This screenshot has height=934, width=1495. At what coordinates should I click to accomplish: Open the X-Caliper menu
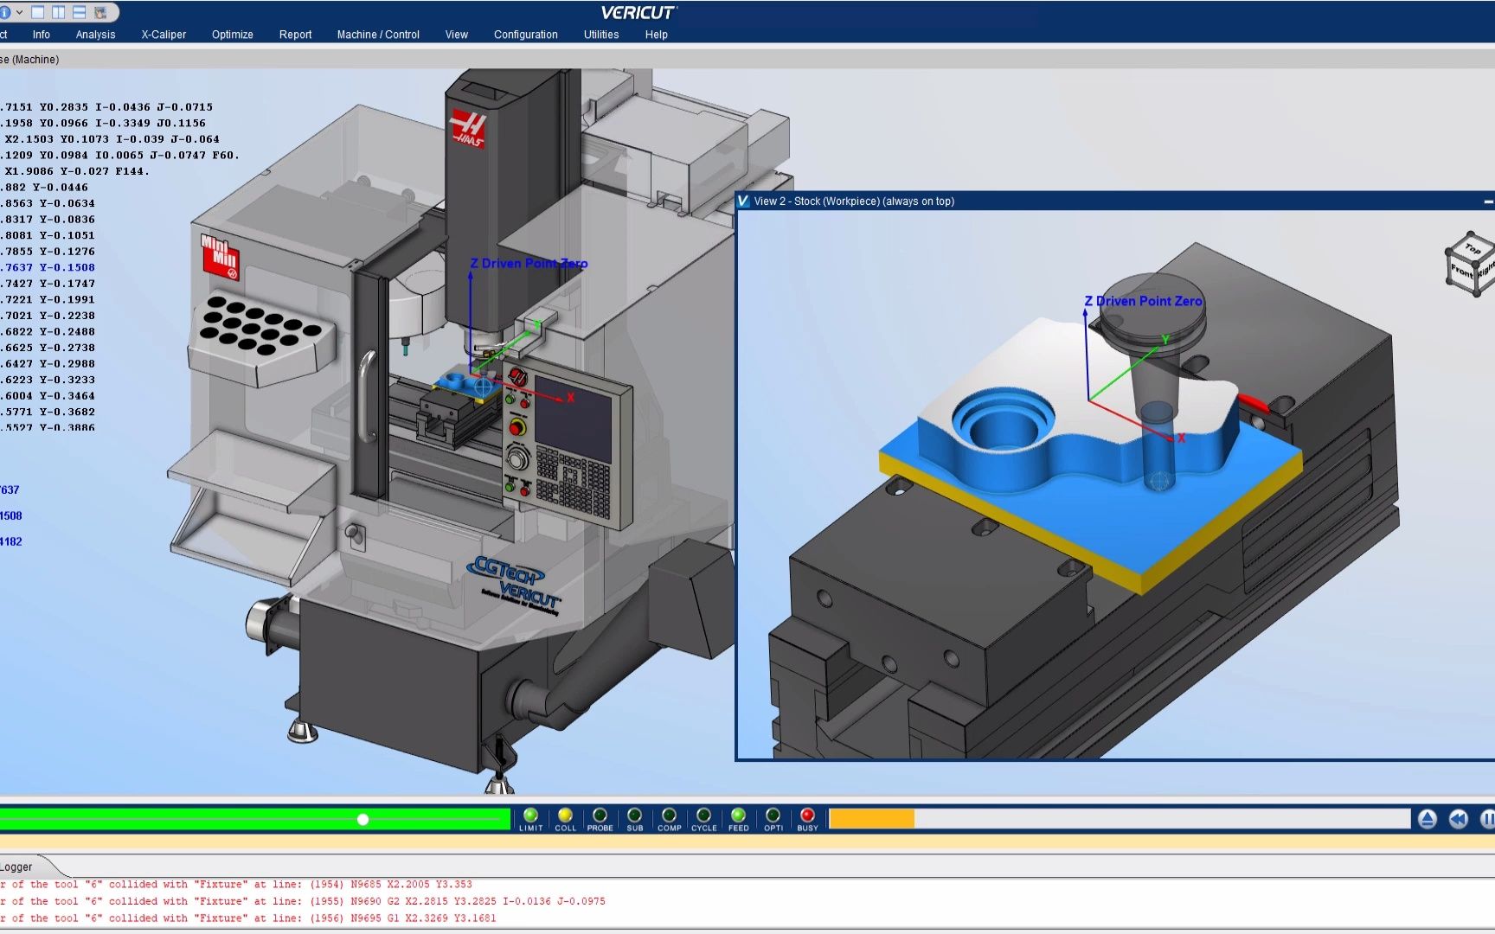pos(164,35)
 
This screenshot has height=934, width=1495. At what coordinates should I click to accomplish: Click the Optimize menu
pos(232,35)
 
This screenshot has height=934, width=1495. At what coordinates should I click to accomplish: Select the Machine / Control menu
pos(378,35)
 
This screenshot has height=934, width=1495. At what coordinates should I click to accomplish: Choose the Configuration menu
pos(525,35)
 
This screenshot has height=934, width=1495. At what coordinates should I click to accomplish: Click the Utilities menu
pos(600,35)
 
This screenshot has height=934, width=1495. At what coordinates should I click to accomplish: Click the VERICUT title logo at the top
pos(638,12)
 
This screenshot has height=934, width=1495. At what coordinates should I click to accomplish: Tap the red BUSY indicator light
pos(807,816)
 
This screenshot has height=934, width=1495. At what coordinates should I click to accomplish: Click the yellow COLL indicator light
pos(565,816)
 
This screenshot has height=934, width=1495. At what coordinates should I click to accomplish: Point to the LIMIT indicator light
pos(530,816)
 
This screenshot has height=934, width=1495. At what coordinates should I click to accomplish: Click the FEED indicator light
pos(738,816)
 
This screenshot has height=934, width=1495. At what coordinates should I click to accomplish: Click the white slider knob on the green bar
pos(363,819)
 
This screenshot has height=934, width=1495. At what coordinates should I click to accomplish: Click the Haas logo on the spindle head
pos(468,129)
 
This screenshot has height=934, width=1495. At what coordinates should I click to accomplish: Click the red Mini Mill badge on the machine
pos(220,255)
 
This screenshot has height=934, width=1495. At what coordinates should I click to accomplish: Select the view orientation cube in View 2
pos(1469,264)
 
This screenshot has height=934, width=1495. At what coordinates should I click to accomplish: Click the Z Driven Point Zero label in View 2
pos(1143,301)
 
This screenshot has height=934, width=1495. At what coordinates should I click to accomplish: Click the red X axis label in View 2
pos(1181,438)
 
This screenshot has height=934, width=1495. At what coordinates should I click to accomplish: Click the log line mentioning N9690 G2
pos(303,901)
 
